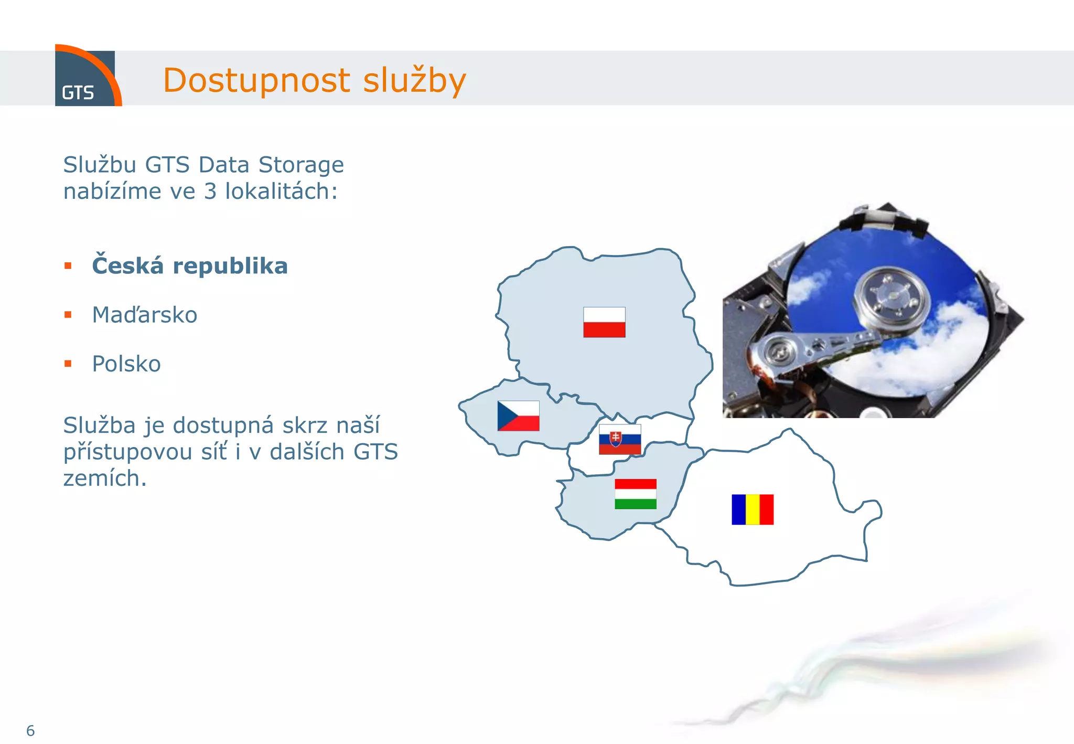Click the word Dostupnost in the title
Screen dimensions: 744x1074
coord(256,80)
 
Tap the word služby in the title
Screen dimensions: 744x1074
coord(414,80)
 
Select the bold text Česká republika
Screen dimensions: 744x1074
coord(189,265)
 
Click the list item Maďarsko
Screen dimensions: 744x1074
coord(145,315)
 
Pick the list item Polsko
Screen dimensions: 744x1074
coord(126,364)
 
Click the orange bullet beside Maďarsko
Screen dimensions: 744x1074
coord(68,315)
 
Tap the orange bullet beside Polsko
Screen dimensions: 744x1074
coord(68,364)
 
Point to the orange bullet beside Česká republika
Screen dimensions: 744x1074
coord(68,266)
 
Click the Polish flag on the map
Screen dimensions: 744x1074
coord(604,322)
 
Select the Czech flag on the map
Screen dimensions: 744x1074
coord(518,416)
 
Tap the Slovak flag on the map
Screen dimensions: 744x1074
coord(620,439)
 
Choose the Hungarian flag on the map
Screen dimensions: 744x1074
coord(635,494)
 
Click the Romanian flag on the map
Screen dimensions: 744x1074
coord(753,509)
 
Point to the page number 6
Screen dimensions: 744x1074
coord(30,730)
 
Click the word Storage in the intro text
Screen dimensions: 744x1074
coord(301,165)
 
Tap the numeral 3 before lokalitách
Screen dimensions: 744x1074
coord(210,192)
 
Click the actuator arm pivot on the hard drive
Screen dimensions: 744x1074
coord(780,351)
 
